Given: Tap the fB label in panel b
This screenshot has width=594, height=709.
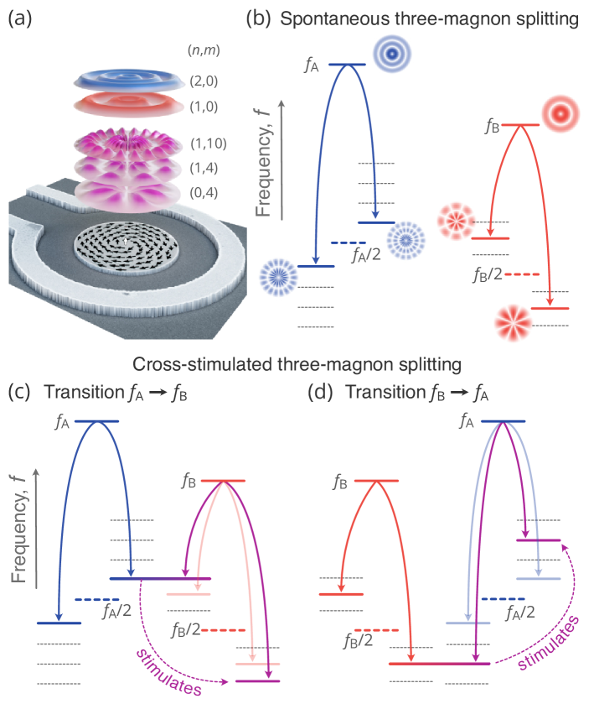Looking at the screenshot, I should [492, 128].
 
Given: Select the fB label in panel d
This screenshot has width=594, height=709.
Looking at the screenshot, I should [340, 483].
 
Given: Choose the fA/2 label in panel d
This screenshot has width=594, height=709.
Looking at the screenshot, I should [519, 613].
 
